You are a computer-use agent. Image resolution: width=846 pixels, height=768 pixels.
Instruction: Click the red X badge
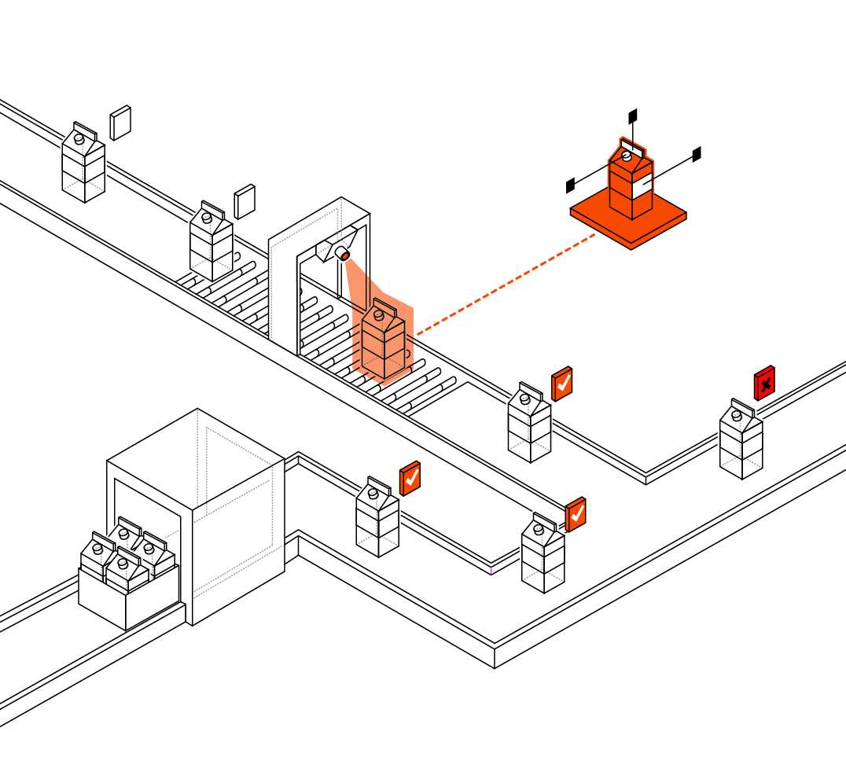coord(764,384)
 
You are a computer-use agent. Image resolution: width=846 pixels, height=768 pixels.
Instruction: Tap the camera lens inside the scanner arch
coord(344,255)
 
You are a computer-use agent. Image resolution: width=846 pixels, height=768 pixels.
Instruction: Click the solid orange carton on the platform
coord(630,182)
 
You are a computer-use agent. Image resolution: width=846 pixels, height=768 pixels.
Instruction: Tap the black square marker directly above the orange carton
coord(633,116)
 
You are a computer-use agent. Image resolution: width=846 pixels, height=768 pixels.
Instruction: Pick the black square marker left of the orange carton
coord(571,186)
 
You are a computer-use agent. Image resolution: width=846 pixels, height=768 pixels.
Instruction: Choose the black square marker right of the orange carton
coord(697,154)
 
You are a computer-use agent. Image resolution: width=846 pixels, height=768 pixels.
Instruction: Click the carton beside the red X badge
coord(741,440)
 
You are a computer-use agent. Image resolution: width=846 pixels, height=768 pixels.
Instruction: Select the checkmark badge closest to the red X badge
coord(561,384)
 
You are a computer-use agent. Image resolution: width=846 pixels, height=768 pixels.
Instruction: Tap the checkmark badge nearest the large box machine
coord(410,478)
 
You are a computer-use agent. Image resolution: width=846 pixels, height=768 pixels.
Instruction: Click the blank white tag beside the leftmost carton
coord(120,123)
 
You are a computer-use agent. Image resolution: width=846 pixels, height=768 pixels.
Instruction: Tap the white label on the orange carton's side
coord(642,187)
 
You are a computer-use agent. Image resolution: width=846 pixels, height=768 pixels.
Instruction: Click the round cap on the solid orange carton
coord(627,156)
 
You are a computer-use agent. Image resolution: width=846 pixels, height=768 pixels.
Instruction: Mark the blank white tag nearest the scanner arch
coord(245,201)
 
